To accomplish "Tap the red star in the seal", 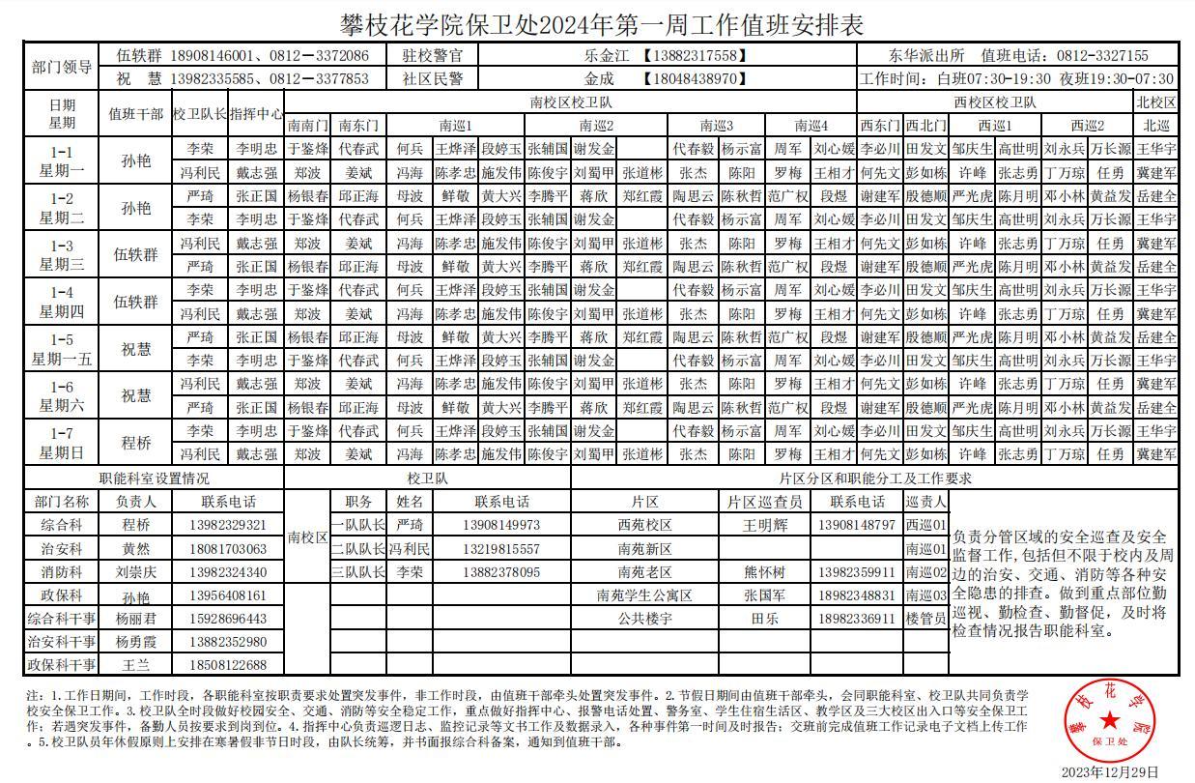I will pos(1109,719).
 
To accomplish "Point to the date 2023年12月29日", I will pos(1109,771).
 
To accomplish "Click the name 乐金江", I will pos(607,56).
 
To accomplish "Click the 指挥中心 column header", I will pos(256,114).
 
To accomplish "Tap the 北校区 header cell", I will pos(1155,101).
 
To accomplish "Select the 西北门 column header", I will pos(925,126).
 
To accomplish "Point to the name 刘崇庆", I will pos(135,572).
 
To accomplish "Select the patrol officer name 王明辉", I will pos(766,525).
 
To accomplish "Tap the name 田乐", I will pos(765,619).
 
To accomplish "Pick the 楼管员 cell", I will pos(925,619).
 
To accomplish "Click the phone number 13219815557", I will pos(501,549).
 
